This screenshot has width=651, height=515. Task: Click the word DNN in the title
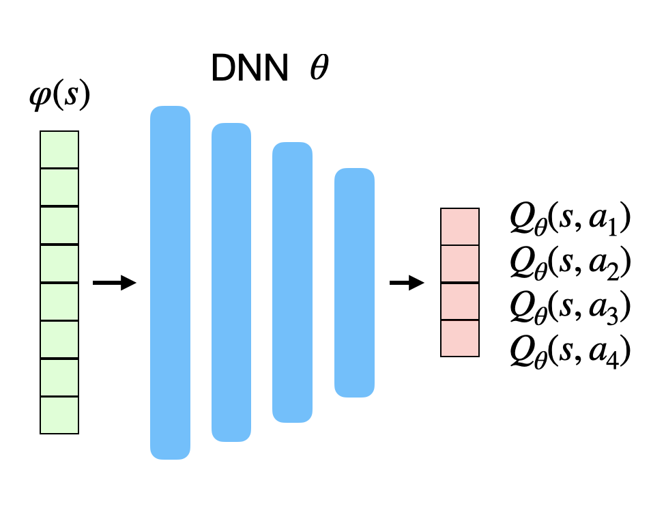pyautogui.click(x=249, y=69)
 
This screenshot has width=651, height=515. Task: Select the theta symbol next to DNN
pyautogui.click(x=318, y=69)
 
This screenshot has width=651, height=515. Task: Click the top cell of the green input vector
pyautogui.click(x=59, y=150)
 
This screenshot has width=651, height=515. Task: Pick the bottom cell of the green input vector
pyautogui.click(x=59, y=415)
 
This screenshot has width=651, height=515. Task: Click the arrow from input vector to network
pyautogui.click(x=114, y=282)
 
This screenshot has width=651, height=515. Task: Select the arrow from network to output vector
pyautogui.click(x=407, y=282)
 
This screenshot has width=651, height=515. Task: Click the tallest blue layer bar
pyautogui.click(x=170, y=282)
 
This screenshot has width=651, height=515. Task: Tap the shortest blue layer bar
pyautogui.click(x=354, y=282)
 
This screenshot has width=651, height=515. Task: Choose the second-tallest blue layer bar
pyautogui.click(x=232, y=282)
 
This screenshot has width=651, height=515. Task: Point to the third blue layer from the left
pyautogui.click(x=292, y=282)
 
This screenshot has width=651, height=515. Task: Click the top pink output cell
pyautogui.click(x=460, y=227)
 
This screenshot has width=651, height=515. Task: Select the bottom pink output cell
pyautogui.click(x=460, y=338)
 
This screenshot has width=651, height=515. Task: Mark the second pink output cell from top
pyautogui.click(x=460, y=264)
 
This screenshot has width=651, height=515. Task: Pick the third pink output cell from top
pyautogui.click(x=460, y=301)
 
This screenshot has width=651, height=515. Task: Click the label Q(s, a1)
pyautogui.click(x=569, y=221)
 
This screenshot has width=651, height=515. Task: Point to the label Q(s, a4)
pyautogui.click(x=569, y=351)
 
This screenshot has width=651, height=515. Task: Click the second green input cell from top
pyautogui.click(x=59, y=186)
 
